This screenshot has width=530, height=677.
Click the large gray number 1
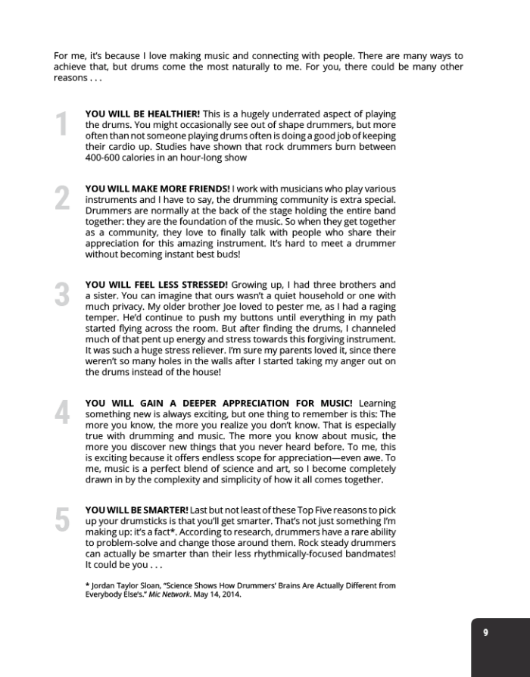[x=61, y=125]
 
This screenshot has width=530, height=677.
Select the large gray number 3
[x=62, y=295]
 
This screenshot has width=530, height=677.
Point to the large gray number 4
[x=62, y=413]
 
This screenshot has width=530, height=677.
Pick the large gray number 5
[x=62, y=519]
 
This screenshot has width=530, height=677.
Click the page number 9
[x=485, y=633]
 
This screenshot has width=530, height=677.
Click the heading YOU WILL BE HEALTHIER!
[x=142, y=114]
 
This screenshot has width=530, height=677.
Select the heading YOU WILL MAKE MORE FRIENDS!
[x=157, y=188]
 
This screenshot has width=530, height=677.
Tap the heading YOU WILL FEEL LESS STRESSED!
[x=156, y=285]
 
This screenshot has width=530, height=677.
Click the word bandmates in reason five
[x=363, y=554]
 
